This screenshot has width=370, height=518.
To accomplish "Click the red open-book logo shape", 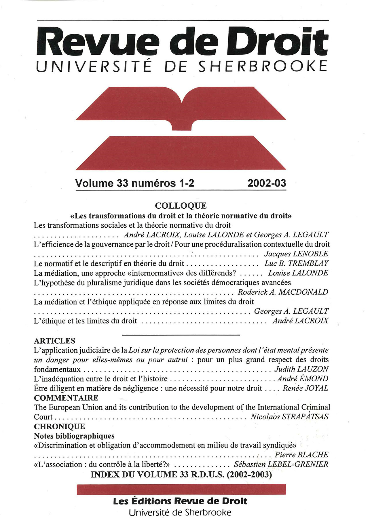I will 181,106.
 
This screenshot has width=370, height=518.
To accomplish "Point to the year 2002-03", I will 267,183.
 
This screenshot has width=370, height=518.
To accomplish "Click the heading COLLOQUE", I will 181,206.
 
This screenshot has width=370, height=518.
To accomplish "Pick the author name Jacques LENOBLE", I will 296,254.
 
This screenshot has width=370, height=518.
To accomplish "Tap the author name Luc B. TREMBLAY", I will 296,263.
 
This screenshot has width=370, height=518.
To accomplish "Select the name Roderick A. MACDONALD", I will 283,292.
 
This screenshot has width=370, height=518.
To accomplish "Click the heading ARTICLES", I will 54,341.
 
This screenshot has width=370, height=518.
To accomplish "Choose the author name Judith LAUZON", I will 301,369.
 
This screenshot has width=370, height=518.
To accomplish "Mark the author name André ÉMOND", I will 303,378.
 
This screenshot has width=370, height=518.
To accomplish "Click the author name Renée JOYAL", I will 305,388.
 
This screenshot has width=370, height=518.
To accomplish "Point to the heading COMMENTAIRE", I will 66,398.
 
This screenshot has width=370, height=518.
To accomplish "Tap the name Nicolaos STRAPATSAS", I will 289,417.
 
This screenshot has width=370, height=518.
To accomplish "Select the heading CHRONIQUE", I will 59,426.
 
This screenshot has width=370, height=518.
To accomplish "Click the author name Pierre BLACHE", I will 301,455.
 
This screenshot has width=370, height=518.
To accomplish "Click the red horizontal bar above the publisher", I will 181,489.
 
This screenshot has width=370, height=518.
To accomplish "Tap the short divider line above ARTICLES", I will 181,335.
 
